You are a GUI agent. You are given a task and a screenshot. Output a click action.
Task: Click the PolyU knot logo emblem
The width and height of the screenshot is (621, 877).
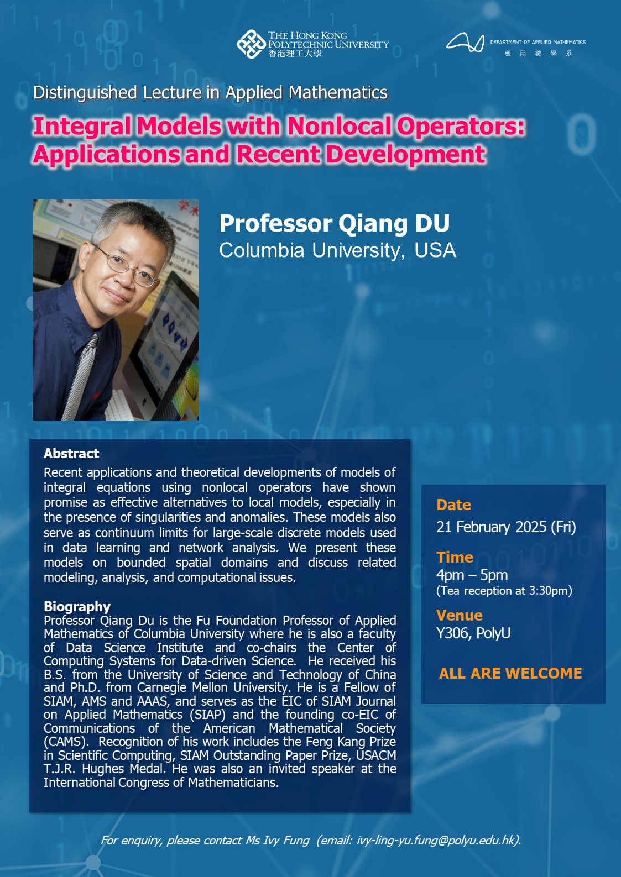pos(251,44)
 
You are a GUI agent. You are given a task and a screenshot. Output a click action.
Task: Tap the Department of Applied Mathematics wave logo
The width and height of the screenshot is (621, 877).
pos(465,43)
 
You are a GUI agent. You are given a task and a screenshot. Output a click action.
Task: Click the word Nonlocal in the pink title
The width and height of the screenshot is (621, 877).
pos(340,127)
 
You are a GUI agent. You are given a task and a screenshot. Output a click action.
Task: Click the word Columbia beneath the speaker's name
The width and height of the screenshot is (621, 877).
pos(262,250)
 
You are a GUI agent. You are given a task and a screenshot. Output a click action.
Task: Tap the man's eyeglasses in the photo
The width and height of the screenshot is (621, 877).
pos(126,265)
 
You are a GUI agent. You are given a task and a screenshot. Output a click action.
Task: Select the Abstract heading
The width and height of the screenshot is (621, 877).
pos(71,453)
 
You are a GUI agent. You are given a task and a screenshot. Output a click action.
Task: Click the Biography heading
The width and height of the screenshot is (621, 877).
pos(77,606)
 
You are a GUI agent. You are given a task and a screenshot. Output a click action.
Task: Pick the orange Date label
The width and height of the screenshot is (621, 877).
pos(453,505)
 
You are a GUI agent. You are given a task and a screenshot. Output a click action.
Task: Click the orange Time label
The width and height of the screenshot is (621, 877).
pos(455,557)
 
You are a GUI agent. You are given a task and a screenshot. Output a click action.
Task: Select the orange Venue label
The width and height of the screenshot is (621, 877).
pos(460,615)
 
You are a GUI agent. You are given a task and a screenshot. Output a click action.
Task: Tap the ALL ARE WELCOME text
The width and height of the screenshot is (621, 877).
pos(510,673)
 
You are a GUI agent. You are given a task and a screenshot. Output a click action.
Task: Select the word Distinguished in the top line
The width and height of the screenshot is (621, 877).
pos(85,93)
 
